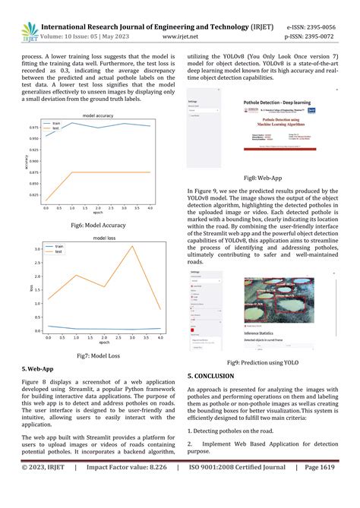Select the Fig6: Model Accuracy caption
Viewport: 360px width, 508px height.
pos(100,226)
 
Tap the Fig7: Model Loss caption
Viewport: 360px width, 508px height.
pos(100,355)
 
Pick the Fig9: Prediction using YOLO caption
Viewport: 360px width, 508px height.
pos(263,363)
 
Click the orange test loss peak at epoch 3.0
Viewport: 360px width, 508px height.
pos(131,247)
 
